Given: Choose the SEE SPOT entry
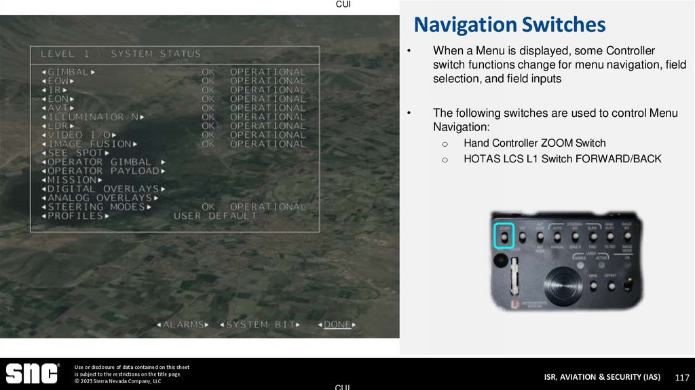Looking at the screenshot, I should pyautogui.click(x=74, y=153).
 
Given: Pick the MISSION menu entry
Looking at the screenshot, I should pyautogui.click(x=70, y=180).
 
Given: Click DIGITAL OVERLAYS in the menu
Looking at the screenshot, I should pyautogui.click(x=102, y=189).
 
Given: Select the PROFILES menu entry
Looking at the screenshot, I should pyautogui.click(x=75, y=216).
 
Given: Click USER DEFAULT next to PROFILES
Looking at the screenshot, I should pyautogui.click(x=215, y=216).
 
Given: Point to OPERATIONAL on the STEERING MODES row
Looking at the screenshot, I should pyautogui.click(x=268, y=207).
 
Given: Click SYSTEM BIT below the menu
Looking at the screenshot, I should pyautogui.click(x=259, y=325).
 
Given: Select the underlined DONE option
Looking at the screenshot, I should pyautogui.click(x=337, y=325).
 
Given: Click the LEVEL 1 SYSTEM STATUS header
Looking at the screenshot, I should pyautogui.click(x=121, y=54).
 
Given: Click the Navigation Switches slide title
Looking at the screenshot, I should pyautogui.click(x=509, y=25).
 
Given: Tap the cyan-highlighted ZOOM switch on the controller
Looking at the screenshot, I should pyautogui.click(x=504, y=236).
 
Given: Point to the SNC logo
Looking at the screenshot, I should pyautogui.click(x=32, y=374).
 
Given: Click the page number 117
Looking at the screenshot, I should pyautogui.click(x=682, y=377).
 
